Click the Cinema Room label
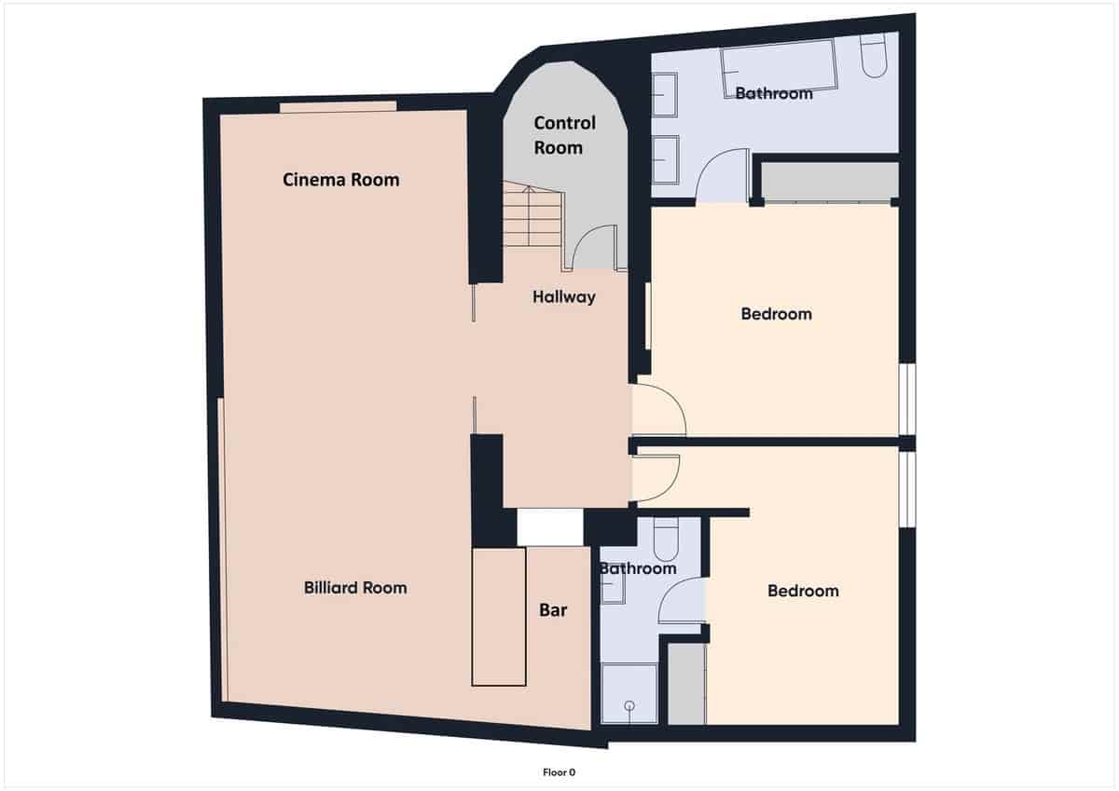pyautogui.click(x=340, y=180)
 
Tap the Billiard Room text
pyautogui.click(x=355, y=588)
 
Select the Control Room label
pyautogui.click(x=559, y=135)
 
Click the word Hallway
pyautogui.click(x=564, y=297)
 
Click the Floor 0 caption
pyautogui.click(x=559, y=771)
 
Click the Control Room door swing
pyautogui.click(x=591, y=249)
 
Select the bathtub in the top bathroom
pyautogui.click(x=778, y=69)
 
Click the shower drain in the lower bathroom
pyautogui.click(x=629, y=705)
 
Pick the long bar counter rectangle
pyautogui.click(x=499, y=617)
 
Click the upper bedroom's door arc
pyautogui.click(x=658, y=410)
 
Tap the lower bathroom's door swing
pyautogui.click(x=682, y=601)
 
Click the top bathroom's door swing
pyautogui.click(x=722, y=177)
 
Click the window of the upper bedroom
pyautogui.click(x=908, y=398)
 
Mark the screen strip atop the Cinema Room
pyautogui.click(x=338, y=106)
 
